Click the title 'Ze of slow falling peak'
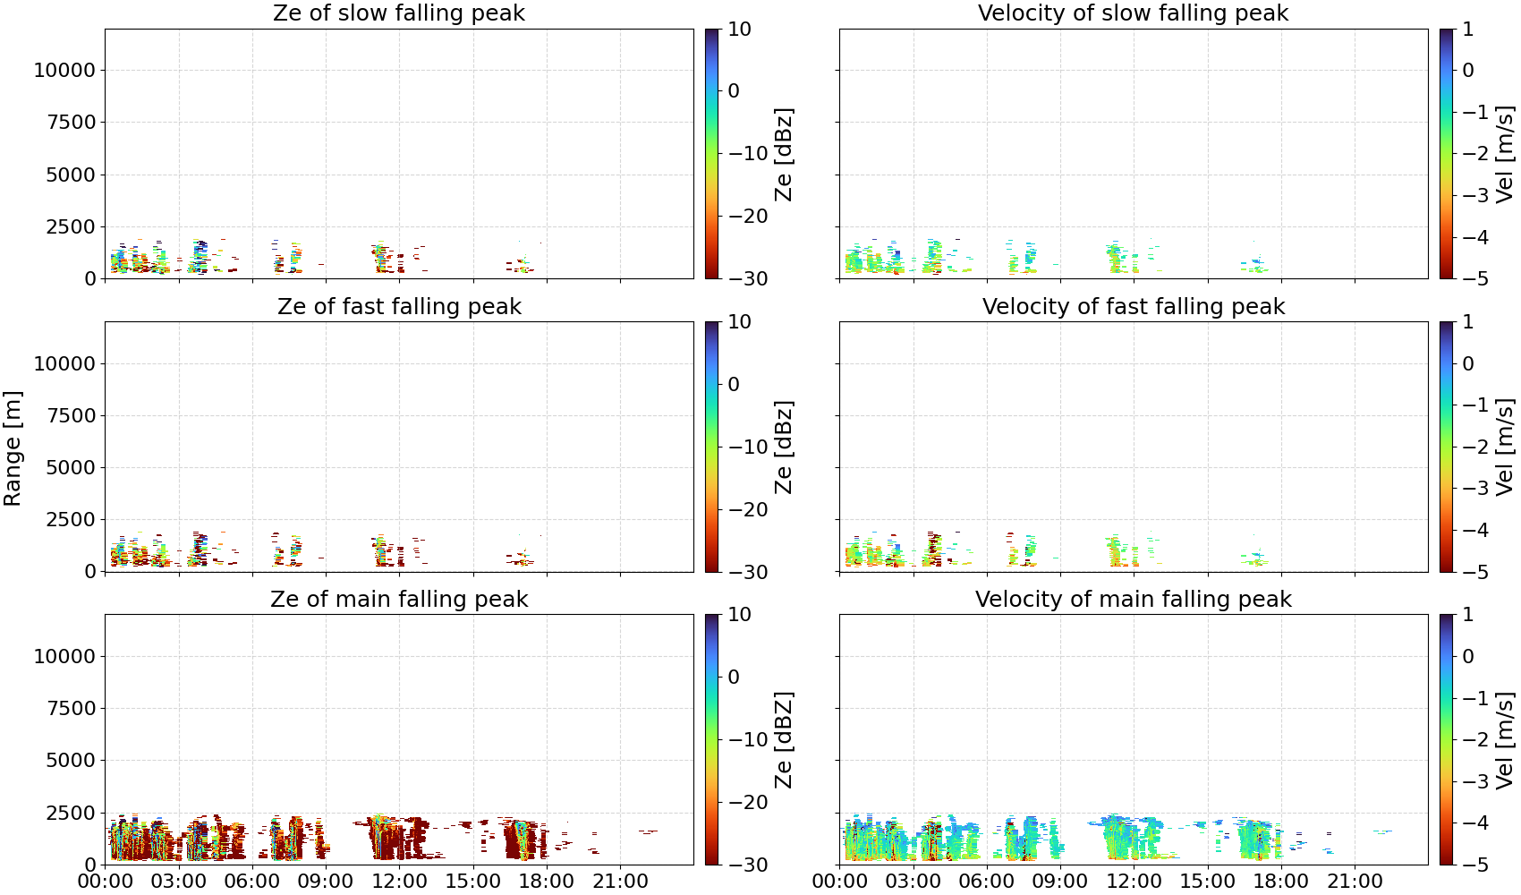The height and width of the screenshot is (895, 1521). [x=398, y=13]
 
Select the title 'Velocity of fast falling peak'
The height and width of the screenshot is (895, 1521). [x=1134, y=306]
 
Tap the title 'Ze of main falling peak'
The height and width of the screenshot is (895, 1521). [x=398, y=599]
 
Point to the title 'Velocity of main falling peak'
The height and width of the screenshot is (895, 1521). [x=1134, y=599]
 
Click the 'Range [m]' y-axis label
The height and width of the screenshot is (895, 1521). [x=13, y=448]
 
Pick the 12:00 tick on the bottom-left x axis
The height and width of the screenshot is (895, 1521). [x=399, y=882]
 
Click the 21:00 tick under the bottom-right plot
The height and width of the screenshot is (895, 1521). [x=1355, y=882]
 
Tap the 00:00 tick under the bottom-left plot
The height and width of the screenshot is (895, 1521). [x=106, y=882]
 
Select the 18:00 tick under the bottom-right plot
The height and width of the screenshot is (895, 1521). [x=1281, y=882]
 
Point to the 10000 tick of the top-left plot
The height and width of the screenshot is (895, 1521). [x=64, y=70]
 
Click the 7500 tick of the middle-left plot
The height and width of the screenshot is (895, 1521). [x=71, y=415]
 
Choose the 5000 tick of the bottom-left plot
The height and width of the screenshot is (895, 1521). [x=71, y=761]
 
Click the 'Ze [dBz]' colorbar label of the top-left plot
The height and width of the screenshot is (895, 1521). [x=784, y=154]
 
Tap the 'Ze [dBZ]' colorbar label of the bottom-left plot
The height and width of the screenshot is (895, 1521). [x=784, y=739]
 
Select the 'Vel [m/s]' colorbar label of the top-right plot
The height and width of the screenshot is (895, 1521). [x=1505, y=154]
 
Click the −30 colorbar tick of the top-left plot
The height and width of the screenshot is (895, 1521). [x=748, y=279]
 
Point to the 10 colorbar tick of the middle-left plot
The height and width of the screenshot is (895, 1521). [x=739, y=322]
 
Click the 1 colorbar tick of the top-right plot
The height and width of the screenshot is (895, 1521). [x=1468, y=30]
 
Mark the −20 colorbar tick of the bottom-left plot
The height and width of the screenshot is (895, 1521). [x=748, y=803]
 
